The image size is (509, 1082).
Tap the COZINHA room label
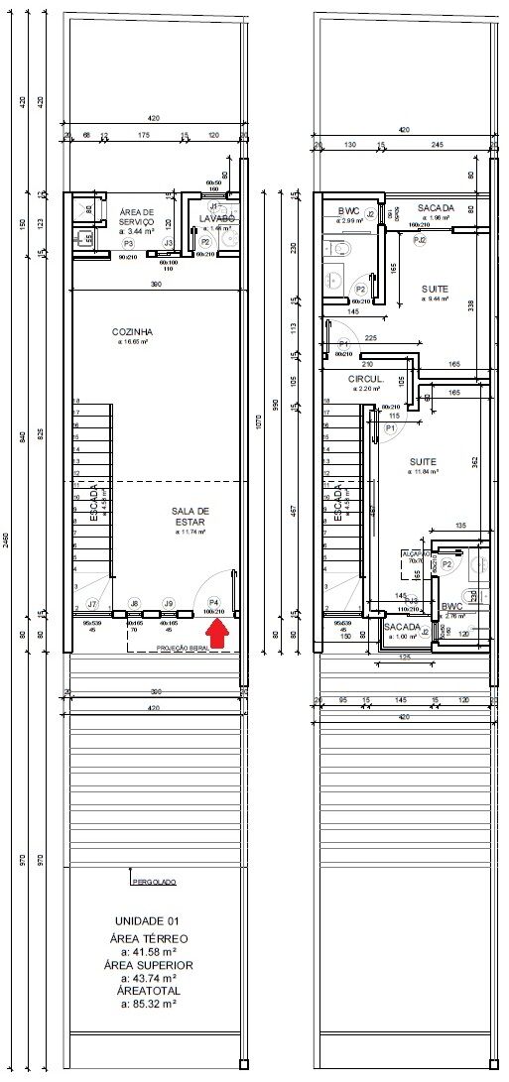(132, 331)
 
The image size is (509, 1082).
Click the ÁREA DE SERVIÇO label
(129, 217)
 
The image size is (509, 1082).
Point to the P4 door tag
(212, 602)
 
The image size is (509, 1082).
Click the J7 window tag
(91, 603)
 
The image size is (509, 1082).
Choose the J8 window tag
(135, 603)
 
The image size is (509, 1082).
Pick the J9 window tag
(169, 603)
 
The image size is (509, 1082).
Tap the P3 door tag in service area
(128, 243)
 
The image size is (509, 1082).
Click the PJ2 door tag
(420, 240)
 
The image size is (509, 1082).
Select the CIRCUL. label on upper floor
(365, 380)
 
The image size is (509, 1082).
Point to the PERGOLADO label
(153, 881)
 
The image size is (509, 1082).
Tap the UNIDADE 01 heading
(146, 920)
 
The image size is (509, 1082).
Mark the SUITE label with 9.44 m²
(435, 290)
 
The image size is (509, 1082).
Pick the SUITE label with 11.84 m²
(430, 461)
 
